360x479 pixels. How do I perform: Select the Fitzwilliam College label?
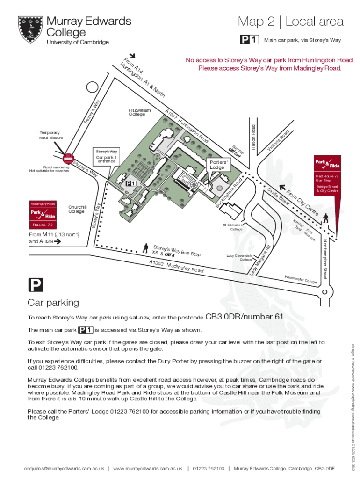click(139, 112)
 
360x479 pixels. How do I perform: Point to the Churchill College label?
click(78, 209)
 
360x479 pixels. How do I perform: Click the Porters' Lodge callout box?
click(217, 165)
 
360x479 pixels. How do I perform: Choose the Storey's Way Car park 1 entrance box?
click(107, 156)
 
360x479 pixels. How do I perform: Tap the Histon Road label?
click(253, 138)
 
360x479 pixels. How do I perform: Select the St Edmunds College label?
click(236, 227)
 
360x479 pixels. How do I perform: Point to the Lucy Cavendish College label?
click(239, 258)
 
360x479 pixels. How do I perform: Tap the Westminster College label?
click(301, 280)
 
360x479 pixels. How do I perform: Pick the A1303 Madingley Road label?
click(176, 267)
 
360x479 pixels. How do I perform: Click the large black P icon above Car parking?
click(36, 285)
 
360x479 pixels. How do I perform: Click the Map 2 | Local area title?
click(290, 22)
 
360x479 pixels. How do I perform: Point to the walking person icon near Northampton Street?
click(325, 218)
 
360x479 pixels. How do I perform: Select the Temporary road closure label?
click(51, 135)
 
